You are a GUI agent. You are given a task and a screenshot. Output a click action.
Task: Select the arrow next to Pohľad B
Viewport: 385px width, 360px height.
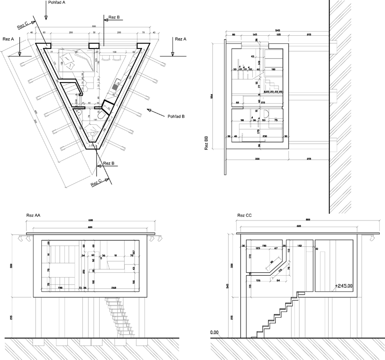click(x=154, y=111)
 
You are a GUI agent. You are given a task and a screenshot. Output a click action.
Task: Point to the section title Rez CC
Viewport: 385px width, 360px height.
click(x=244, y=215)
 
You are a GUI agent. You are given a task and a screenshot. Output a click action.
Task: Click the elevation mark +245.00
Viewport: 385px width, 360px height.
click(x=343, y=286)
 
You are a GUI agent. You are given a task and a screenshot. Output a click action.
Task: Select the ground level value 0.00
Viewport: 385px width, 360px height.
click(x=215, y=333)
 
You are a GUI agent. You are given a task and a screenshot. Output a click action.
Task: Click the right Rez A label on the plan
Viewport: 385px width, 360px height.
click(x=181, y=39)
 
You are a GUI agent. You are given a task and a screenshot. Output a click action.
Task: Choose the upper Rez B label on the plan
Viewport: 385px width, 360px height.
click(x=114, y=17)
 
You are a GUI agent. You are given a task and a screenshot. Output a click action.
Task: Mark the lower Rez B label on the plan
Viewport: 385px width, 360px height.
click(x=109, y=164)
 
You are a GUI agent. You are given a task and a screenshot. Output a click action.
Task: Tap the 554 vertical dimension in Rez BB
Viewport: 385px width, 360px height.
click(x=213, y=97)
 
